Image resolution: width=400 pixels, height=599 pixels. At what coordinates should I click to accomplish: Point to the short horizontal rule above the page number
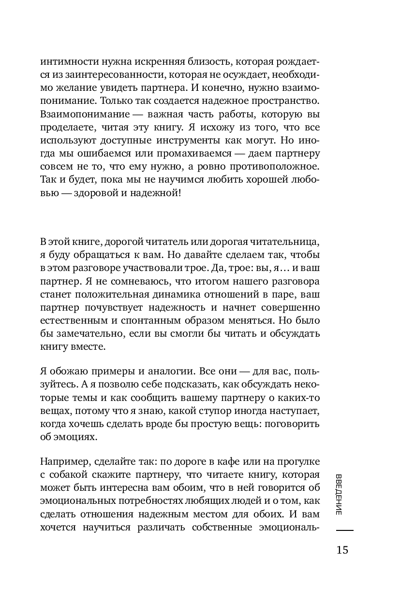click(x=344, y=530)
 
